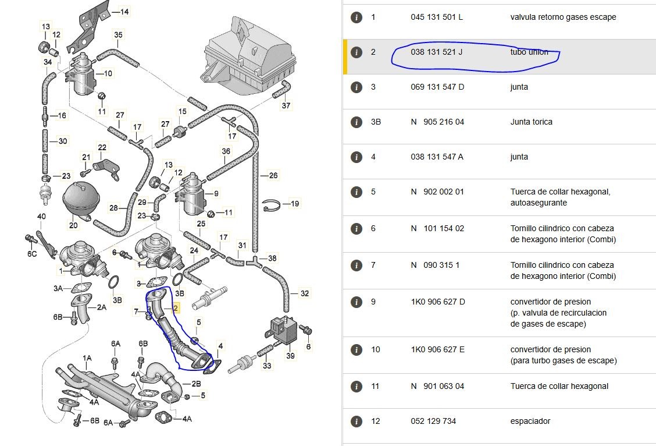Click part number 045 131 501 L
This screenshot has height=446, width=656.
[x=437, y=17]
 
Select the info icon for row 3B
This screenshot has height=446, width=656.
[x=356, y=122]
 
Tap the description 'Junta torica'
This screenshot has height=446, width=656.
[x=532, y=122]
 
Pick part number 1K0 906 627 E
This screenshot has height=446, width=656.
[x=437, y=349]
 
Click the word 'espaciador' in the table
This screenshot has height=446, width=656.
[x=530, y=421]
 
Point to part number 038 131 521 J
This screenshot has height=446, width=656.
[x=436, y=52]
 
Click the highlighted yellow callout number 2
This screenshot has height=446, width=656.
[x=176, y=308]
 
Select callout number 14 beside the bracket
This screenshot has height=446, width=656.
[x=124, y=12]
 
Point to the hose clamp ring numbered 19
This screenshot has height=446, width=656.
[x=271, y=205]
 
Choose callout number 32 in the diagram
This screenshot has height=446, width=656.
[x=305, y=293]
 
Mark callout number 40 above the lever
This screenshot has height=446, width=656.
[x=41, y=217]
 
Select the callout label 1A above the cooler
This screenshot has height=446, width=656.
[x=87, y=358]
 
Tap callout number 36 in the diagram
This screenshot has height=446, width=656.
[x=226, y=151]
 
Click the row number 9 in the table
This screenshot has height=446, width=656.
[x=373, y=302]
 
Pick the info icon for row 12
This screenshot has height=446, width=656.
[x=356, y=422]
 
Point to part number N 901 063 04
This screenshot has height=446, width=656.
[x=437, y=386]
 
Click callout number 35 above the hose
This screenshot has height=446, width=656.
[x=119, y=35]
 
